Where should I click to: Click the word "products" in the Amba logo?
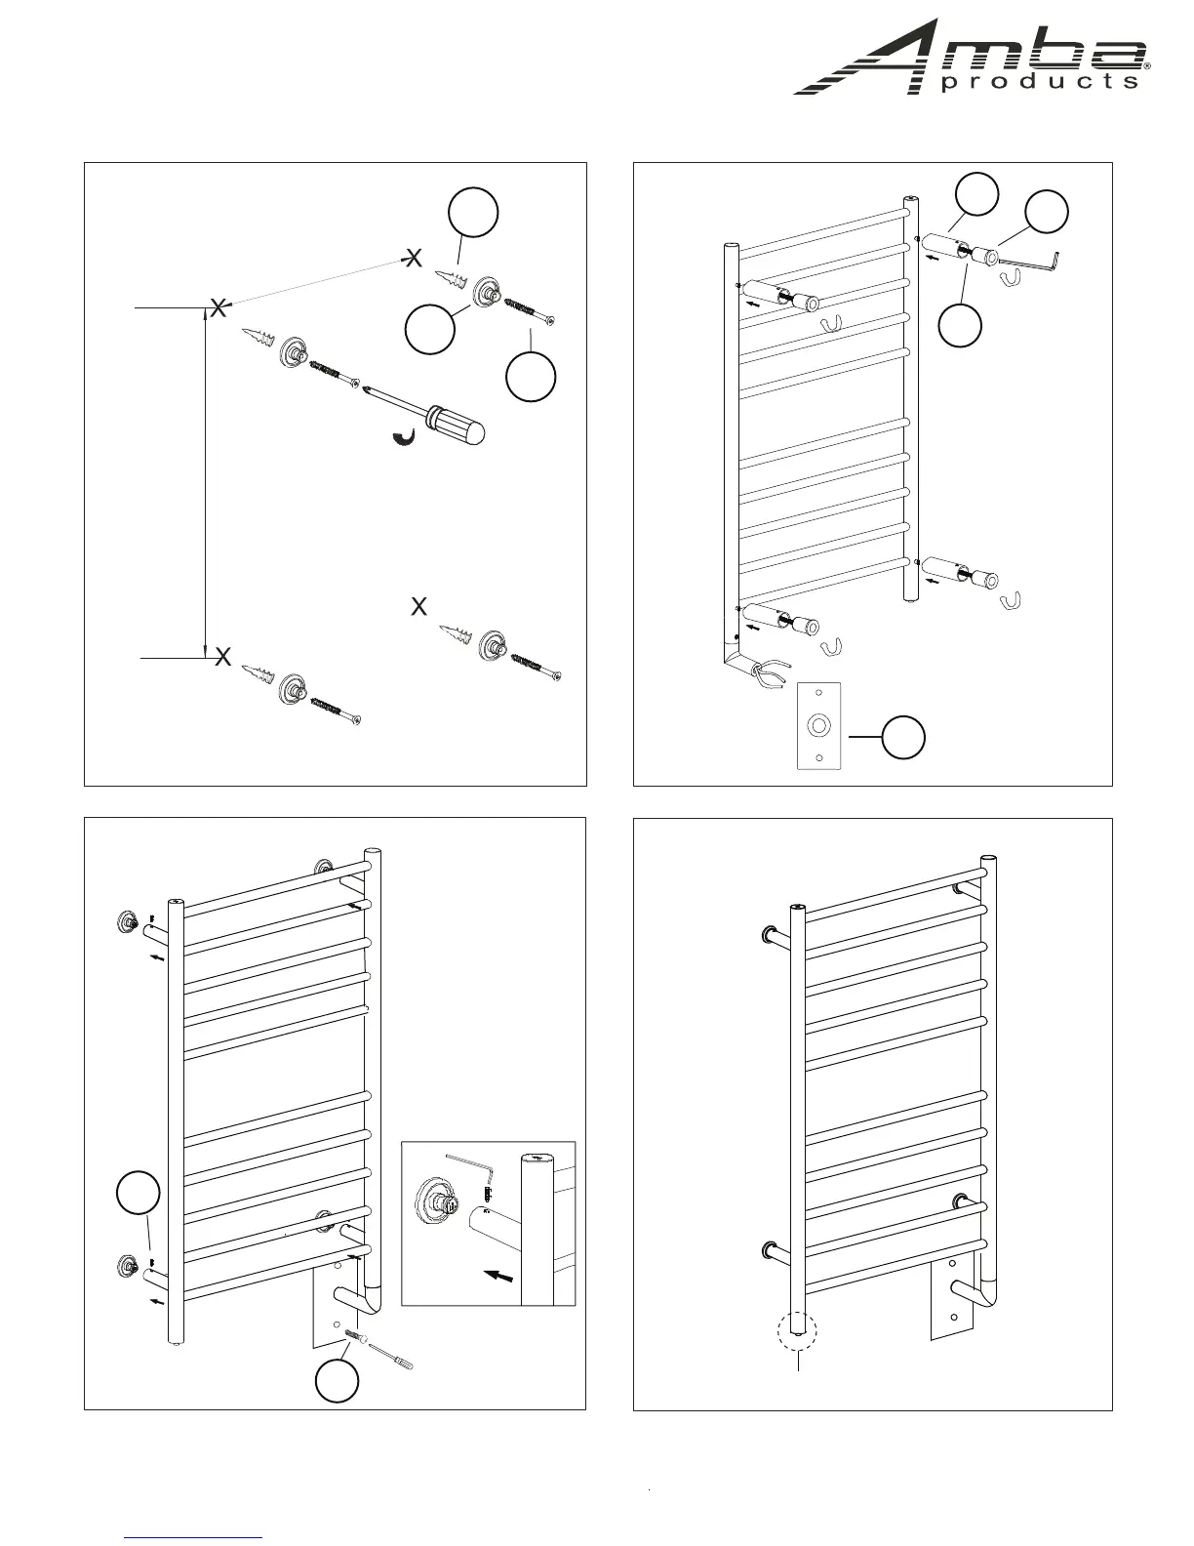coord(1039,82)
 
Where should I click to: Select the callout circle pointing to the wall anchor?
coord(473,215)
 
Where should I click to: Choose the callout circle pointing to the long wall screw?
coord(531,376)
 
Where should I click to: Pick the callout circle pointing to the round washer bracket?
coord(430,329)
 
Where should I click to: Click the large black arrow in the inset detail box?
coord(498,1275)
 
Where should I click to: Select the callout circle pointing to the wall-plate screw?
coord(337,1381)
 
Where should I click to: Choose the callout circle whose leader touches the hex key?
coord(1046,214)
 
